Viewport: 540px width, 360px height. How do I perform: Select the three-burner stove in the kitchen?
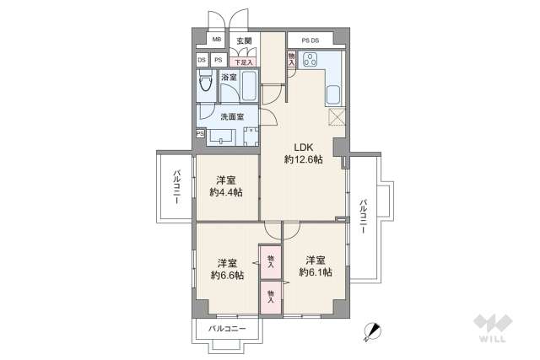pos(309,60)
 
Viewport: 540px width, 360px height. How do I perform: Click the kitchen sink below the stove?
pos(332,94)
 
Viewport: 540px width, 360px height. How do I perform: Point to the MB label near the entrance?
pos(216,40)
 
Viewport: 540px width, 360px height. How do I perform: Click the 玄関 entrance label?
pos(244,40)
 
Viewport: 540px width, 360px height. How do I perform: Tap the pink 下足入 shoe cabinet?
pos(244,61)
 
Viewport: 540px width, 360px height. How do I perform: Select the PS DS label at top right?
pos(310,40)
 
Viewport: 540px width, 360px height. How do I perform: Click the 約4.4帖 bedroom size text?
pos(226,193)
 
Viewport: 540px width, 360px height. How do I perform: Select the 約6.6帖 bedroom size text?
pos(226,275)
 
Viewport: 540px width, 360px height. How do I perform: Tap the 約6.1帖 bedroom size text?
pos(315,272)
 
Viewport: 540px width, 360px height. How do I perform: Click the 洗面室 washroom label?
pos(231,116)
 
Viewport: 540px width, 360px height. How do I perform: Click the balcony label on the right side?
pos(363,217)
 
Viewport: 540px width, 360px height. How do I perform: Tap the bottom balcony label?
pos(224,328)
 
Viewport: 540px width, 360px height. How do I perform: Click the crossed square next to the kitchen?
pos(337,117)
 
